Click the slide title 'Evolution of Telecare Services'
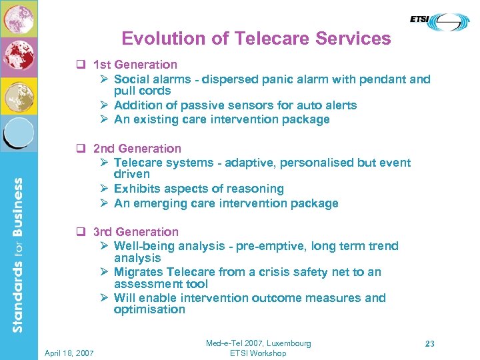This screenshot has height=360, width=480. [x=256, y=39]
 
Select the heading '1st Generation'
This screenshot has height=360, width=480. [x=135, y=65]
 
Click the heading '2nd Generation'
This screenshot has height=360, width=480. [x=137, y=148]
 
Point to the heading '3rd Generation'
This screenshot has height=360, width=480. [x=136, y=231]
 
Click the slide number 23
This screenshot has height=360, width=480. [x=430, y=344]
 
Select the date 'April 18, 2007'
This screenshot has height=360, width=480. [x=70, y=352]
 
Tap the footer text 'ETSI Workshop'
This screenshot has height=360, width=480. [x=258, y=353]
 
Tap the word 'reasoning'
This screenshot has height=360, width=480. [x=255, y=189]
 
